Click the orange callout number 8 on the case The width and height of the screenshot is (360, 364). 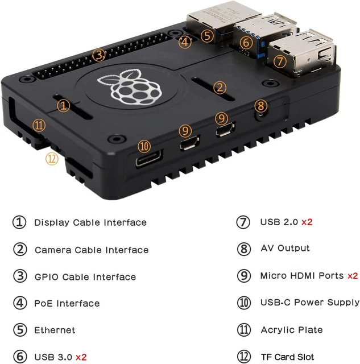tap(260, 105)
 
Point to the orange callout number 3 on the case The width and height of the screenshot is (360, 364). tap(99, 55)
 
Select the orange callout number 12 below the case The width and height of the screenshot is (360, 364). tap(52, 159)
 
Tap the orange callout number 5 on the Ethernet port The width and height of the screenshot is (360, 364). tap(207, 35)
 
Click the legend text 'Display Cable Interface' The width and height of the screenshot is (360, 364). tap(90, 222)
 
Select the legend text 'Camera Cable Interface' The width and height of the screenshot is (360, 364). tap(91, 250)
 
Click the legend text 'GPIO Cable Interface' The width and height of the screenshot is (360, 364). tap(85, 277)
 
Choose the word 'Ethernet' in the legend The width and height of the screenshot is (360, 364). tap(54, 330)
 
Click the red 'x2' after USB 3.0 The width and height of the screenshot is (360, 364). tap(81, 357)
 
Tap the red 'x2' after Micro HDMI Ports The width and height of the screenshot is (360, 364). tap(353, 276)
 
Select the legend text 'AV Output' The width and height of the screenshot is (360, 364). tap(285, 248)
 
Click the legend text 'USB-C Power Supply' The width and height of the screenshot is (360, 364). tap(309, 303)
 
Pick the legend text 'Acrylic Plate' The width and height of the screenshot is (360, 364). tap(291, 330)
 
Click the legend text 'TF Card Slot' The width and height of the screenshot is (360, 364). tap(287, 357)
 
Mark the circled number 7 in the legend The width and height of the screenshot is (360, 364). tap(243, 222)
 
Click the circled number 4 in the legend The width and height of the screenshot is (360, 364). tap(19, 304)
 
